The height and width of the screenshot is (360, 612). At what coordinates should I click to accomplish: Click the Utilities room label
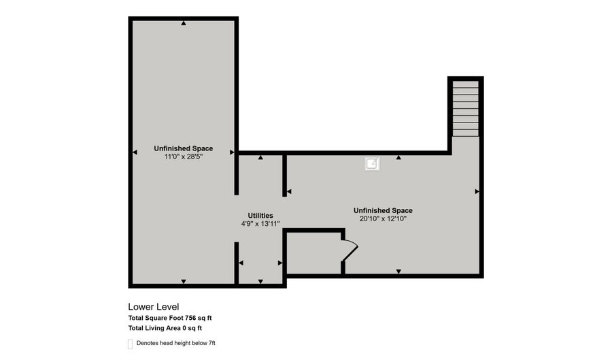tap(260, 215)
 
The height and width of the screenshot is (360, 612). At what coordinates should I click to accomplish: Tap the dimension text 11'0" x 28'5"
tap(183, 157)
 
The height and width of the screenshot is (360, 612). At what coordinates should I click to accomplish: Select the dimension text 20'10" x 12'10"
tap(383, 219)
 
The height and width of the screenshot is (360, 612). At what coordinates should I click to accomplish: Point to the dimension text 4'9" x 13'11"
tap(260, 224)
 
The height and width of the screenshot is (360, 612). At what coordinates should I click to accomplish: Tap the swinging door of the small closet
tap(350, 250)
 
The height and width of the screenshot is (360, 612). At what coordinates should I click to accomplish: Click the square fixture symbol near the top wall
tap(372, 163)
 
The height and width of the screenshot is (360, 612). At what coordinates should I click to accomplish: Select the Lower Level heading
tap(154, 307)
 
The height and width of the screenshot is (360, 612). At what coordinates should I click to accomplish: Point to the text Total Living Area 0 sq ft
tap(165, 329)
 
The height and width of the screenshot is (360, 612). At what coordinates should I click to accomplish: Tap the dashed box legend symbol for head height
tap(130, 344)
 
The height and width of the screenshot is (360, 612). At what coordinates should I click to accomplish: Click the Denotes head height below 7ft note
tap(175, 344)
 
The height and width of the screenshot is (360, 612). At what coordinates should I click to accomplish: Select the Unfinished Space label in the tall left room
tap(183, 148)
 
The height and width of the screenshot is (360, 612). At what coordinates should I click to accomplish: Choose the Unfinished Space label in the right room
tap(383, 210)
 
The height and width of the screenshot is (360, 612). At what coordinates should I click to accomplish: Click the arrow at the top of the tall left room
tap(184, 24)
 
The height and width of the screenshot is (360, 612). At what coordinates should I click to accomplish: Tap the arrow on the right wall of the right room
tap(477, 192)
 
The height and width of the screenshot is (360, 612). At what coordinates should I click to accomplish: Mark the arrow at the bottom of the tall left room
tap(183, 281)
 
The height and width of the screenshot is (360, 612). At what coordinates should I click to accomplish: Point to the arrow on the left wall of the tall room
tap(135, 152)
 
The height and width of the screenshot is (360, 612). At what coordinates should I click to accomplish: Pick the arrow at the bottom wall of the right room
tap(398, 272)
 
